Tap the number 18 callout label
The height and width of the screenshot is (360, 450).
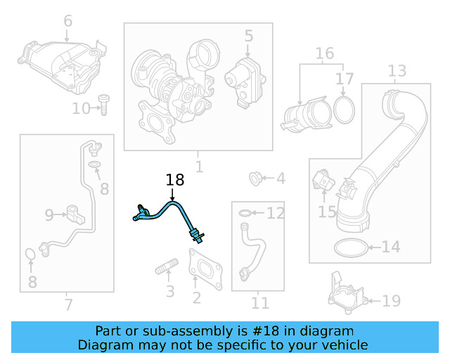(174, 181)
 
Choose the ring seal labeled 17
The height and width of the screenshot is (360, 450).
(343, 108)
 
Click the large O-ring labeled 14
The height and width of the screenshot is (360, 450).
(349, 247)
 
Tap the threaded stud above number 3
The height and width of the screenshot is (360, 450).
(167, 268)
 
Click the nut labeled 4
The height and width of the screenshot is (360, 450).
(257, 179)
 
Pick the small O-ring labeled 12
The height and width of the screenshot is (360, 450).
(243, 212)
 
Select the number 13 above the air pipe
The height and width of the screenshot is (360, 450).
(397, 70)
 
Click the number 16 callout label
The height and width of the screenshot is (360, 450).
(324, 53)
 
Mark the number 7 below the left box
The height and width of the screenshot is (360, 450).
(67, 304)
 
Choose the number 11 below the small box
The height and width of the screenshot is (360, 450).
(260, 303)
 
